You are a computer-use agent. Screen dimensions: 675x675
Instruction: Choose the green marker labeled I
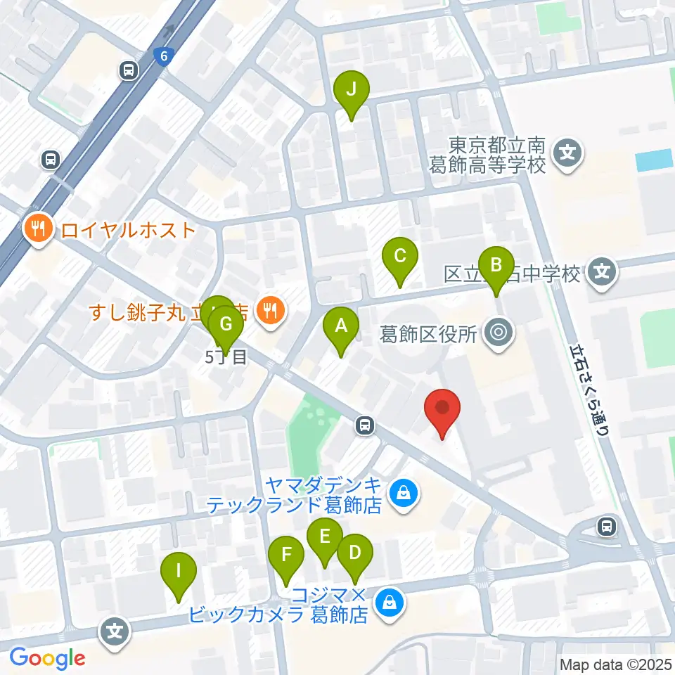click(179, 572)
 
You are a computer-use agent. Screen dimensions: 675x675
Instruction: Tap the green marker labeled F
click(286, 555)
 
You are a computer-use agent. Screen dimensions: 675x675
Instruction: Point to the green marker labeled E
click(324, 538)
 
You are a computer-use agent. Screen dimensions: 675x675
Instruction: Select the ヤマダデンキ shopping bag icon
click(404, 494)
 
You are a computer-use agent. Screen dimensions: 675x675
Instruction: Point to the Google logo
click(47, 658)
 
